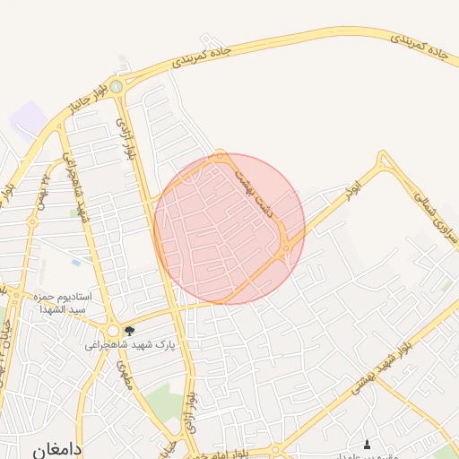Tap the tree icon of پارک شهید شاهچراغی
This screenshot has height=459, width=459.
tap(130, 331)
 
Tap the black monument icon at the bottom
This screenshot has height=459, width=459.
tap(366, 445)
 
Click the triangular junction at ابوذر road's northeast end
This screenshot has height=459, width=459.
tap(385, 162)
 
